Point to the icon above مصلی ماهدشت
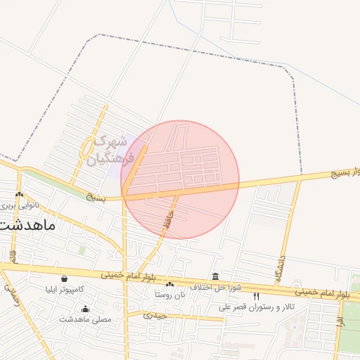click(x=86, y=309)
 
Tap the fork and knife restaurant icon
click(x=256, y=296)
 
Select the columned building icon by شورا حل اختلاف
click(x=214, y=276)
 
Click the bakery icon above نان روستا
click(x=169, y=284)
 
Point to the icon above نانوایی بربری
click(x=19, y=195)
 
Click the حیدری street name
click(x=155, y=315)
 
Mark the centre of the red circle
click(x=180, y=180)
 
